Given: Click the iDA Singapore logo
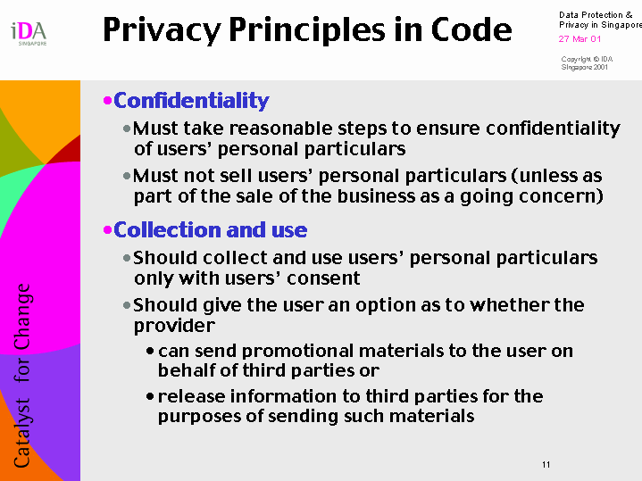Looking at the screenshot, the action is (29, 34).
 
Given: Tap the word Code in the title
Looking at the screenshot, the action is (471, 29).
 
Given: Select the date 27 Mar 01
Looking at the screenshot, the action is (579, 39).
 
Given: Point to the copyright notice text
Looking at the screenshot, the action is (587, 63).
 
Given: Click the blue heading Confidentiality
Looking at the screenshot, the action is (191, 101).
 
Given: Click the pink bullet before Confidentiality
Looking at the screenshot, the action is (108, 100).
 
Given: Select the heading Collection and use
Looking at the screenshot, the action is (211, 230).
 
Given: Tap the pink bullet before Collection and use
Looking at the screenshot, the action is (108, 230).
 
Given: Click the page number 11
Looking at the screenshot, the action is (546, 465).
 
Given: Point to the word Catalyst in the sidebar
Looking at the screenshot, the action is (22, 433).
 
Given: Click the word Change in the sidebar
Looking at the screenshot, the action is (22, 317).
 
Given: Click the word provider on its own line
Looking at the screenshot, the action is (174, 327).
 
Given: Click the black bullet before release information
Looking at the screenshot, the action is (150, 396).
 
